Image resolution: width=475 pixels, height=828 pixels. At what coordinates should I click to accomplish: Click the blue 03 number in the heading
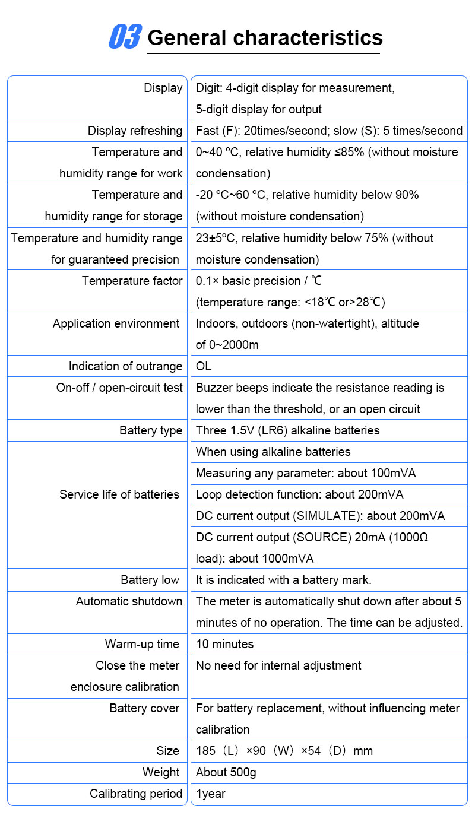(125, 37)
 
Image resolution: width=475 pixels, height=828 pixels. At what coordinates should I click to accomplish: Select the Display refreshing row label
(135, 131)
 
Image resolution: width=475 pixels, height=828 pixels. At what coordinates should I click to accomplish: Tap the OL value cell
(204, 366)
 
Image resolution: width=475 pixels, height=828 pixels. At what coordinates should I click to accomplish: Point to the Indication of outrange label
(125, 366)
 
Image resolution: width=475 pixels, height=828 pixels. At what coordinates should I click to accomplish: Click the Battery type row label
(151, 430)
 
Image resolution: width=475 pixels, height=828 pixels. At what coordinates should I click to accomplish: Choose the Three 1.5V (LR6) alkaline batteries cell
(287, 430)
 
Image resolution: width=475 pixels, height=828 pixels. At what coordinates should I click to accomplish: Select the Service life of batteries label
(119, 494)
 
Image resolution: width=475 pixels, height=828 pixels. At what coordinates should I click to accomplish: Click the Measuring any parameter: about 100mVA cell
(306, 473)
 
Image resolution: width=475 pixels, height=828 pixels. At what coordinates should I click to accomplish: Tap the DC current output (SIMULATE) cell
(320, 516)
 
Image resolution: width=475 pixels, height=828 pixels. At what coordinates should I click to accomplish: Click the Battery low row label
(150, 580)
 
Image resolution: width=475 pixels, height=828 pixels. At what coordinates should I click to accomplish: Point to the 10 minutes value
(224, 644)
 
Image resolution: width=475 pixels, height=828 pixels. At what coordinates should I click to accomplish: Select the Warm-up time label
(142, 644)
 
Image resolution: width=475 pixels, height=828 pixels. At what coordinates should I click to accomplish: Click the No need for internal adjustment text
(278, 665)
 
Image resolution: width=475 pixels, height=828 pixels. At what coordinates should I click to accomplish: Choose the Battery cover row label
(144, 708)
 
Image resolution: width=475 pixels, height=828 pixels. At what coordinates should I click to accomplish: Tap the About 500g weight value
(226, 772)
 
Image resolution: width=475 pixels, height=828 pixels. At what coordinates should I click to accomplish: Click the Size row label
(167, 751)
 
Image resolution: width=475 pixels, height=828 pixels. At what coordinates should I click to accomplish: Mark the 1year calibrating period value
(211, 794)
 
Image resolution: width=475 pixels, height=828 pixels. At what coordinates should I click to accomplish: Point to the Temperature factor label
(132, 281)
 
